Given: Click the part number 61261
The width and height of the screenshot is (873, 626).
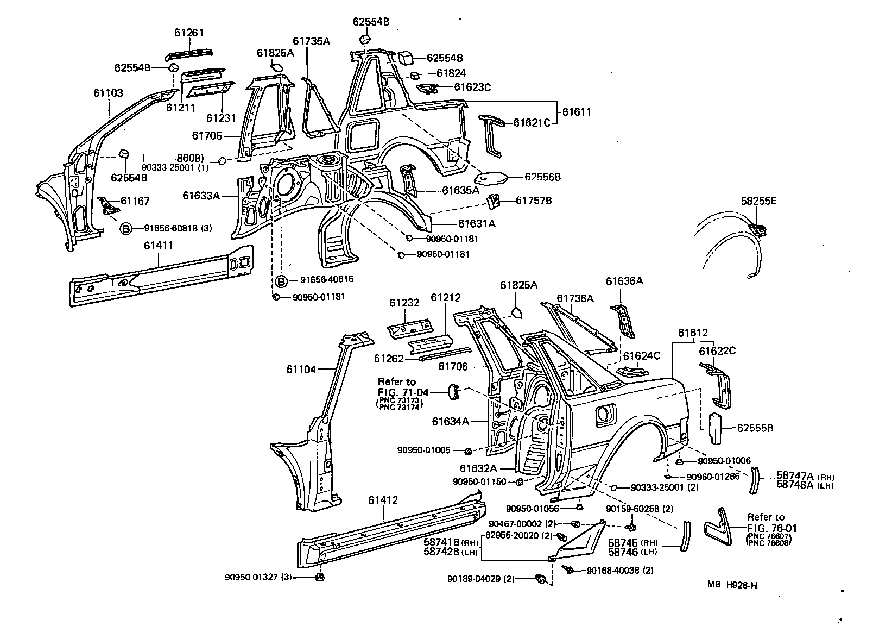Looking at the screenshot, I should point(189,33).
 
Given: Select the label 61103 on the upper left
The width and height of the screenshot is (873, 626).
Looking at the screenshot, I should point(107,93).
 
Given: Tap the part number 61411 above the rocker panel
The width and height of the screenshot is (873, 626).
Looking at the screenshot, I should point(159,246).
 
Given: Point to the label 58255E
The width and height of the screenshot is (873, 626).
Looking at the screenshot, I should point(758,201).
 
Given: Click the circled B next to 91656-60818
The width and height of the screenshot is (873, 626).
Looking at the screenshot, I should point(125,229).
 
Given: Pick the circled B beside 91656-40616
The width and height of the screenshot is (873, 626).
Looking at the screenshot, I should point(281,280).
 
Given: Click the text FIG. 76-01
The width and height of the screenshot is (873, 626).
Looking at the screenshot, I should point(771,528).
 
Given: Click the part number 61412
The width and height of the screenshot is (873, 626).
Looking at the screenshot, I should point(383,500).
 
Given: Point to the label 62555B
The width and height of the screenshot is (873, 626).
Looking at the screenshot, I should point(755,428).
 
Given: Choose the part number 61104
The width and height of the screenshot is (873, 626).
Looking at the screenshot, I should point(301,370).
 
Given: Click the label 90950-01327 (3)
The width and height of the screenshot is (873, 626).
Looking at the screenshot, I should point(258,577).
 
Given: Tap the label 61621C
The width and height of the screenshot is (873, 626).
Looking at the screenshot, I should point(532,123).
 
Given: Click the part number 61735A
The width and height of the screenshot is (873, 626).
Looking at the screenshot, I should point(311,41).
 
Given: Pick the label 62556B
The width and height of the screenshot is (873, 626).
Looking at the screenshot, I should point(542,177).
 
